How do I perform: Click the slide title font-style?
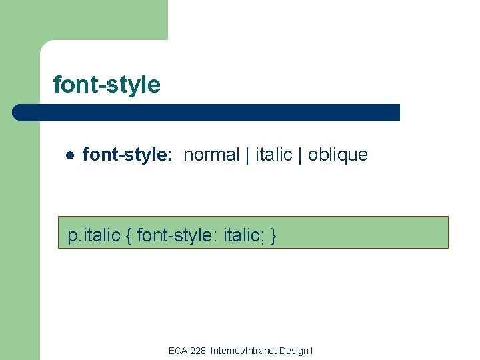pyautogui.click(x=107, y=85)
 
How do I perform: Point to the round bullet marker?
pyautogui.click(x=69, y=155)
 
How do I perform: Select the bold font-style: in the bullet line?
pyautogui.click(x=127, y=155)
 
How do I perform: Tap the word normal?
pyautogui.click(x=211, y=155)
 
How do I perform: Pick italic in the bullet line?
pyautogui.click(x=273, y=155)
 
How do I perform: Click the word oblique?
pyautogui.click(x=337, y=155)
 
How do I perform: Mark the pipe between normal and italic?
pyautogui.click(x=247, y=155)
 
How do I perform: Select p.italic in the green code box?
pyautogui.click(x=94, y=235)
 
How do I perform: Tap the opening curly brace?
pyautogui.click(x=129, y=235)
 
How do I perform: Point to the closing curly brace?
pyautogui.click(x=273, y=235)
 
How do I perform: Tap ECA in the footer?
pyautogui.click(x=178, y=351)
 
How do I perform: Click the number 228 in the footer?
pyautogui.click(x=198, y=351)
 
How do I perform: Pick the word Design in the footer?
pyautogui.click(x=293, y=351)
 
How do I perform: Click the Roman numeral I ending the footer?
pyautogui.click(x=311, y=351)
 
